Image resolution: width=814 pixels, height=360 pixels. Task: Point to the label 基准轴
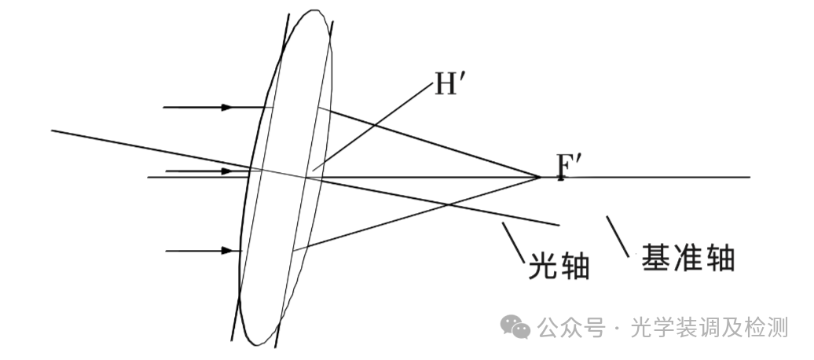[688, 257]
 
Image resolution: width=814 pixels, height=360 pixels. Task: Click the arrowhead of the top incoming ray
[227, 107]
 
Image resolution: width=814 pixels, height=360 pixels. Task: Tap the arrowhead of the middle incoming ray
[227, 171]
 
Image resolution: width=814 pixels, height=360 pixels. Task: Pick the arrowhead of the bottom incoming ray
[227, 251]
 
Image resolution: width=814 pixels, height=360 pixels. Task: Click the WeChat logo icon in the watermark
[517, 326]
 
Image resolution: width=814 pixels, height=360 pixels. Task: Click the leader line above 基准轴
[618, 236]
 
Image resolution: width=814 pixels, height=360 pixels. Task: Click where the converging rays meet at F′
[540, 177]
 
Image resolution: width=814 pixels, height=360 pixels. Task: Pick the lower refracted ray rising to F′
[416, 213]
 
